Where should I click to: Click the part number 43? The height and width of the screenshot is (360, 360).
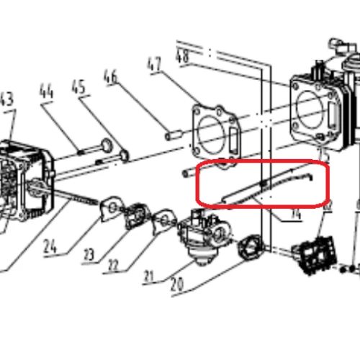tap(6, 99)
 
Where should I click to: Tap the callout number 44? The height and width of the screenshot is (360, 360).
tap(47, 92)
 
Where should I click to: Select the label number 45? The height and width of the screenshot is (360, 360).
tap(79, 86)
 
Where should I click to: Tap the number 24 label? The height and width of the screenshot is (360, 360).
tap(49, 247)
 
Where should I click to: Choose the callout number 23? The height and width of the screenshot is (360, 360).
tap(89, 254)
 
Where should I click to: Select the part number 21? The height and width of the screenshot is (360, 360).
tap(150, 276)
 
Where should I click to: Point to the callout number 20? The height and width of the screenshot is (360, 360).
tap(178, 286)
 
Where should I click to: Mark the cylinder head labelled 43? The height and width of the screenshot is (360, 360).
tap(24, 173)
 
